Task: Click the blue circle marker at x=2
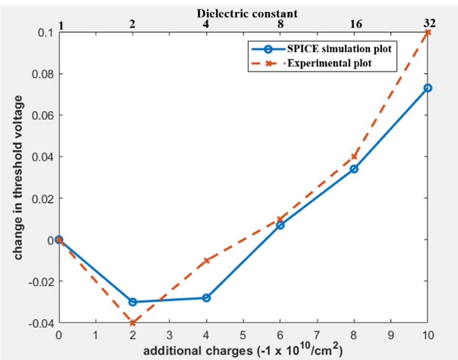132,302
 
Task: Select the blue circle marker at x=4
206,297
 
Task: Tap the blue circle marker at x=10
427,88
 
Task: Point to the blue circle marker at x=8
354,169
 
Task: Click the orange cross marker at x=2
132,323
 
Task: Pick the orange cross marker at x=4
206,261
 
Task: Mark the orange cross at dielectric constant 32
427,32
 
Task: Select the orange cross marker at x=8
354,156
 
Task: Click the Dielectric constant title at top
244,13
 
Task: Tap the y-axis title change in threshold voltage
18,178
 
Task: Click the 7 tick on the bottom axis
317,335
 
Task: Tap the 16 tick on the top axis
354,23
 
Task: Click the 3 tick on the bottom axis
169,335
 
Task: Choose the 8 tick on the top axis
280,23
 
